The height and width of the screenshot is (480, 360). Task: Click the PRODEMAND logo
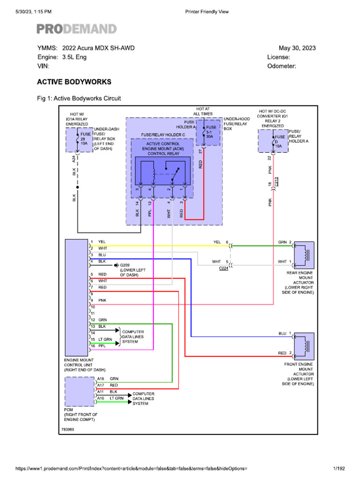pos(76,29)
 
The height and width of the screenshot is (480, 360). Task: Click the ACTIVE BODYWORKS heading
pos(74,82)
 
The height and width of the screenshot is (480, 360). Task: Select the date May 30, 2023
pos(297,48)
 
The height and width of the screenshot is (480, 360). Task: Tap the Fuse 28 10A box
pos(79,140)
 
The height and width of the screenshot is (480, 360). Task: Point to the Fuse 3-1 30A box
pos(208,133)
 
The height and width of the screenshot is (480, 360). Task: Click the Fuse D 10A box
pos(273,141)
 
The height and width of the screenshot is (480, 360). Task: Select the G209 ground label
pos(125,265)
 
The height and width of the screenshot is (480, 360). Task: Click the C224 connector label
pos(224,268)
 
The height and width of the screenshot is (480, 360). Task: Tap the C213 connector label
pos(276,182)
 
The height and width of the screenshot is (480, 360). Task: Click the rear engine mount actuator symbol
pos(304,255)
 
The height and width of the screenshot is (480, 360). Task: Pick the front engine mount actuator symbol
pos(304,346)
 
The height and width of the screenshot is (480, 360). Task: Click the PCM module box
pos(80,391)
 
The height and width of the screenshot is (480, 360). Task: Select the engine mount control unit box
pos(76,298)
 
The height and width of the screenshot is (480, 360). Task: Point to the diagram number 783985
pos(67,429)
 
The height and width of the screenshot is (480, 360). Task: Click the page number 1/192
pos(339,468)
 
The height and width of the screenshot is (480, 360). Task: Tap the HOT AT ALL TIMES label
pos(202,112)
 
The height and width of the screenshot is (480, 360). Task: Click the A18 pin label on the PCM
pos(101,379)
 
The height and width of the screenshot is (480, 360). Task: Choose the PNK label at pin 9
pos(102,300)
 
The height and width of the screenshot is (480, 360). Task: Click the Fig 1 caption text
pos(79,98)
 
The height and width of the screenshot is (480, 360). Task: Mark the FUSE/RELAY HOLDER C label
pos(163,135)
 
